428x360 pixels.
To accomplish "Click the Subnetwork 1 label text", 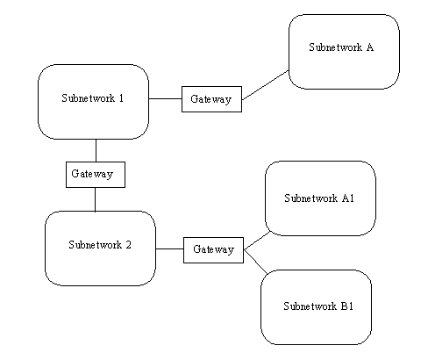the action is coord(93,98).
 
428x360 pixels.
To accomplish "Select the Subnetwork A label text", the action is coord(341,47).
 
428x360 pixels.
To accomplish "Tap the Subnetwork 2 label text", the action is coord(100,245).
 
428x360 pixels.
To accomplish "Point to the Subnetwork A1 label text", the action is coord(319,198).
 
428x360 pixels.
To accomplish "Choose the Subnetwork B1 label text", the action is coord(318,306).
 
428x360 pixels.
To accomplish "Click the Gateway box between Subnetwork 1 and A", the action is coord(211,99).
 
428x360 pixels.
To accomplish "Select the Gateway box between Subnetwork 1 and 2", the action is coord(96,175).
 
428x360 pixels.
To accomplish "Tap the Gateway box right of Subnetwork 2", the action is coord(213,250).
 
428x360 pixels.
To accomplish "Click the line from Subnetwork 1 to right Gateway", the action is coord(165,98).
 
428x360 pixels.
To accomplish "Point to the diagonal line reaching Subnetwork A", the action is coord(265,85).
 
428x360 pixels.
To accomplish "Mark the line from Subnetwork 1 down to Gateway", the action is coord(96,150).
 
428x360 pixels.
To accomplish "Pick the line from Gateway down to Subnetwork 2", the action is coord(95,199).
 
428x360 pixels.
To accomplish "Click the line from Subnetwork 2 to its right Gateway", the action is coord(169,248).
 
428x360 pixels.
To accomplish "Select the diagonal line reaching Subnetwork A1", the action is coord(257,241).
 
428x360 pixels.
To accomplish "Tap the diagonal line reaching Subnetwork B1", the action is coord(256,262).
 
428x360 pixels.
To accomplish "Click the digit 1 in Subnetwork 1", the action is coord(121,98).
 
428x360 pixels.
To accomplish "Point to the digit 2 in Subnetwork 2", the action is coord(129,245).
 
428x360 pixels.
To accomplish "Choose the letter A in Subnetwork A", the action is coord(370,47).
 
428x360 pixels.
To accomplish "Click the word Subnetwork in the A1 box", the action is coord(311,198).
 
